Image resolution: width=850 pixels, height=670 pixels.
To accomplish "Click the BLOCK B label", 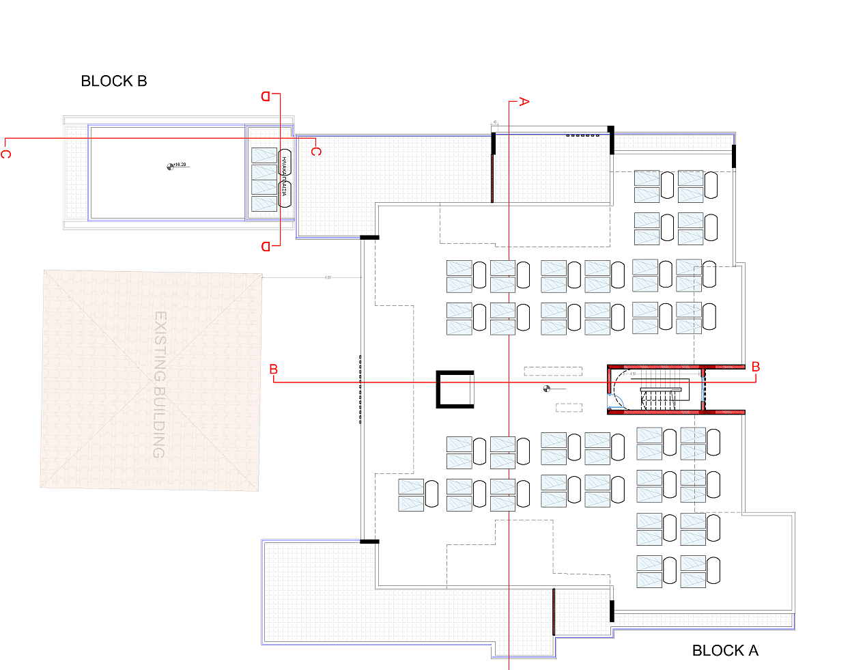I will (113, 81).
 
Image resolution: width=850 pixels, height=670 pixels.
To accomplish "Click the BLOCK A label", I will (725, 651).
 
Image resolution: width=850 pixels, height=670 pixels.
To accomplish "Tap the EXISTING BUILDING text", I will (160, 385).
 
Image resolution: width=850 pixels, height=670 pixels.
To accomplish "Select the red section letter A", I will (524, 102).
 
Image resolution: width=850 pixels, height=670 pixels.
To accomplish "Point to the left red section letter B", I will (274, 369).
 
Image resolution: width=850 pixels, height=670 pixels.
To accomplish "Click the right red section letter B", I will (756, 367).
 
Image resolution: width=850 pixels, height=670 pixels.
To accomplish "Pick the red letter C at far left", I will (5, 154).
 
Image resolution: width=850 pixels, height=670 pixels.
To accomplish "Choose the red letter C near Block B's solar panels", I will (315, 151).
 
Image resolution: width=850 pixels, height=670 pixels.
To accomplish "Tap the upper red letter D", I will (266, 96).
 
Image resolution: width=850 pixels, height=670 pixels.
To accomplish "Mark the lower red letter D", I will (266, 247).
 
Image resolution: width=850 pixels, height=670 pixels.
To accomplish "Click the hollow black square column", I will (455, 389).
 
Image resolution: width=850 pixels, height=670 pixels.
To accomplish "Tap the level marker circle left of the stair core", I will (546, 389).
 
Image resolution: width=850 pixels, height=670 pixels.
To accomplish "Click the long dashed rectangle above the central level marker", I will (553, 372).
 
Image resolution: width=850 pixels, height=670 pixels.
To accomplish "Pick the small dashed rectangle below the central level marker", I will (569, 408).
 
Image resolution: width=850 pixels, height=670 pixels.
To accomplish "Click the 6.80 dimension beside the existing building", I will (328, 277).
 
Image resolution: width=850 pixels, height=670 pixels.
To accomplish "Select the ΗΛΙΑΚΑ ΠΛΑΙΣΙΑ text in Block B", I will (284, 176).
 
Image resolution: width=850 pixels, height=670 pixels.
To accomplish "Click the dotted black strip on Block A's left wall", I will (360, 389).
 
